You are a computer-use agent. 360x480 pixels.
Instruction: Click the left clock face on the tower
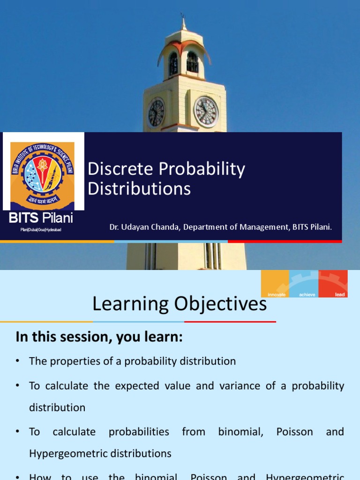coord(157,113)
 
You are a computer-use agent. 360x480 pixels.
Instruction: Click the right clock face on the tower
coord(206,112)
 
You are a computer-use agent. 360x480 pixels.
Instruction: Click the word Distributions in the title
coord(139,189)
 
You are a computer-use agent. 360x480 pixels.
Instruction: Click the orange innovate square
coord(275,284)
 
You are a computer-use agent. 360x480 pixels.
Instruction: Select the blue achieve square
coord(304,284)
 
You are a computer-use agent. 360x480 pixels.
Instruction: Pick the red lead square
coord(333,284)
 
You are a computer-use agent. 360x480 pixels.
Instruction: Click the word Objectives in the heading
coord(221,304)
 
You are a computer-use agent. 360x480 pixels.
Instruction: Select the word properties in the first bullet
coord(71,361)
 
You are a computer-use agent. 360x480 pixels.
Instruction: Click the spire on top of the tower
coord(183,21)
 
